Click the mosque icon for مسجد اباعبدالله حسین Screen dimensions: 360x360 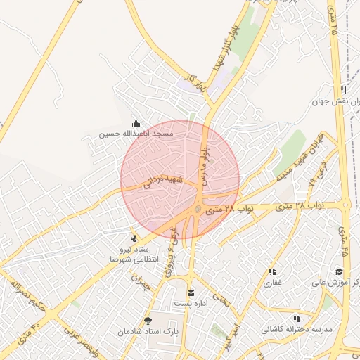point(135,122)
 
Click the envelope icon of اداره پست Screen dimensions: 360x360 point(190,292)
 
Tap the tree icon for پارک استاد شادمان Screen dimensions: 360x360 point(148,321)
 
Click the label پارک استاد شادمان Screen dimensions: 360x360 point(148,330)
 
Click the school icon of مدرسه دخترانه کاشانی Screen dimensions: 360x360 point(297,319)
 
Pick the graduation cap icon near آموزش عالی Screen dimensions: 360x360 point(339,271)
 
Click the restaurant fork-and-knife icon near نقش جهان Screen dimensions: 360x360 point(343,90)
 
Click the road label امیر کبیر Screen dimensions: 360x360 point(238,330)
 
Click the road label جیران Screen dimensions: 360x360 point(141,281)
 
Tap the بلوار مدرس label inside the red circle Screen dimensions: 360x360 point(205,165)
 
